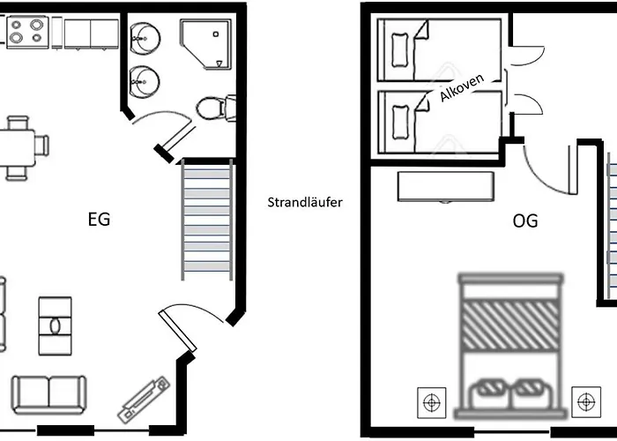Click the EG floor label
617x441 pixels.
(x=99, y=220)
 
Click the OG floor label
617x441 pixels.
(x=525, y=220)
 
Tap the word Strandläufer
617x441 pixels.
(x=305, y=202)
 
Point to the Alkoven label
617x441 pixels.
(x=462, y=88)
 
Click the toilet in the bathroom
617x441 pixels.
(x=216, y=108)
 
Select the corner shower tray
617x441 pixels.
(x=205, y=44)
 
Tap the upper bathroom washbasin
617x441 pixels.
(x=145, y=39)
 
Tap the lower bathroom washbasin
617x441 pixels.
(x=145, y=82)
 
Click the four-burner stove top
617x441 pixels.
(x=27, y=32)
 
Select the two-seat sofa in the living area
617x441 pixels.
(x=49, y=395)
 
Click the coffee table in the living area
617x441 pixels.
(x=55, y=326)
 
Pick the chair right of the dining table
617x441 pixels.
(x=41, y=145)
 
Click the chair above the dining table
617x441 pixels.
(x=18, y=123)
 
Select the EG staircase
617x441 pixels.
(x=207, y=220)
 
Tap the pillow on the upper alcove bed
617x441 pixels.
(x=400, y=50)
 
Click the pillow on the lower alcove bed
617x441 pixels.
(x=400, y=122)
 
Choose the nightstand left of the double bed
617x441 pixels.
(x=432, y=402)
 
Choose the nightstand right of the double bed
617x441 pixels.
(x=586, y=402)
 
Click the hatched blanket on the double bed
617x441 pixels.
(x=510, y=325)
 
